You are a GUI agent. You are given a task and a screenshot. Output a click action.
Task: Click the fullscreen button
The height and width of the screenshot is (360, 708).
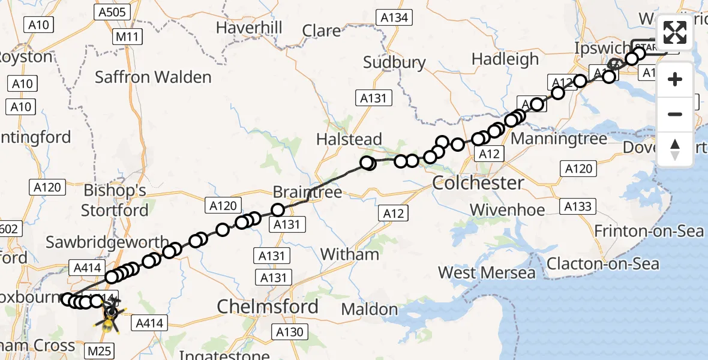(x=675, y=32)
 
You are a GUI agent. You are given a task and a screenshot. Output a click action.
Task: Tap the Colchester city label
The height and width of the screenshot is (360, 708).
(x=478, y=182)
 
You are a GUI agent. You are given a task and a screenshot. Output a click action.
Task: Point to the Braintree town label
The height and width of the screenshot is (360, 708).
(x=307, y=193)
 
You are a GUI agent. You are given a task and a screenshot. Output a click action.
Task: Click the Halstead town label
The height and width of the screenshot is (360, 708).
(x=349, y=139)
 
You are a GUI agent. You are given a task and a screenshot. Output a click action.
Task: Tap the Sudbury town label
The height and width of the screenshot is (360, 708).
(x=395, y=62)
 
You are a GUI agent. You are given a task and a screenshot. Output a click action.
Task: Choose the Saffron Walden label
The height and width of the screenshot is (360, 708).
(x=153, y=77)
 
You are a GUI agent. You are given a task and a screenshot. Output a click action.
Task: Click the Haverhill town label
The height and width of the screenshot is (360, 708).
(x=249, y=28)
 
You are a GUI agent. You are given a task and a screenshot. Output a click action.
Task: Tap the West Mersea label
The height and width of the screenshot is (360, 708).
(x=487, y=272)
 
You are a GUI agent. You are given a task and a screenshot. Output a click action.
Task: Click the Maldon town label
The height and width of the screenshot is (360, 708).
(x=370, y=310)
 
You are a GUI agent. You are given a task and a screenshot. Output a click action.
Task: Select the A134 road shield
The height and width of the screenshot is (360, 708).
(x=395, y=18)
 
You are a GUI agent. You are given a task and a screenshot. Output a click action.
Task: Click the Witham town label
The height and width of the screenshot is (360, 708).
(x=350, y=254)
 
